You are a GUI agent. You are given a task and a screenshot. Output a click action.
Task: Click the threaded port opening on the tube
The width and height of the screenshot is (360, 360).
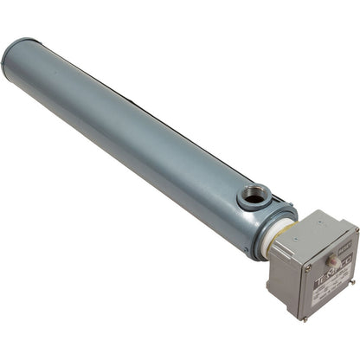coord(254,196)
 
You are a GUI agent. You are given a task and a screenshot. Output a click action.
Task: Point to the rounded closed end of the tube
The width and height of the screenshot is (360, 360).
coord(16,61)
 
